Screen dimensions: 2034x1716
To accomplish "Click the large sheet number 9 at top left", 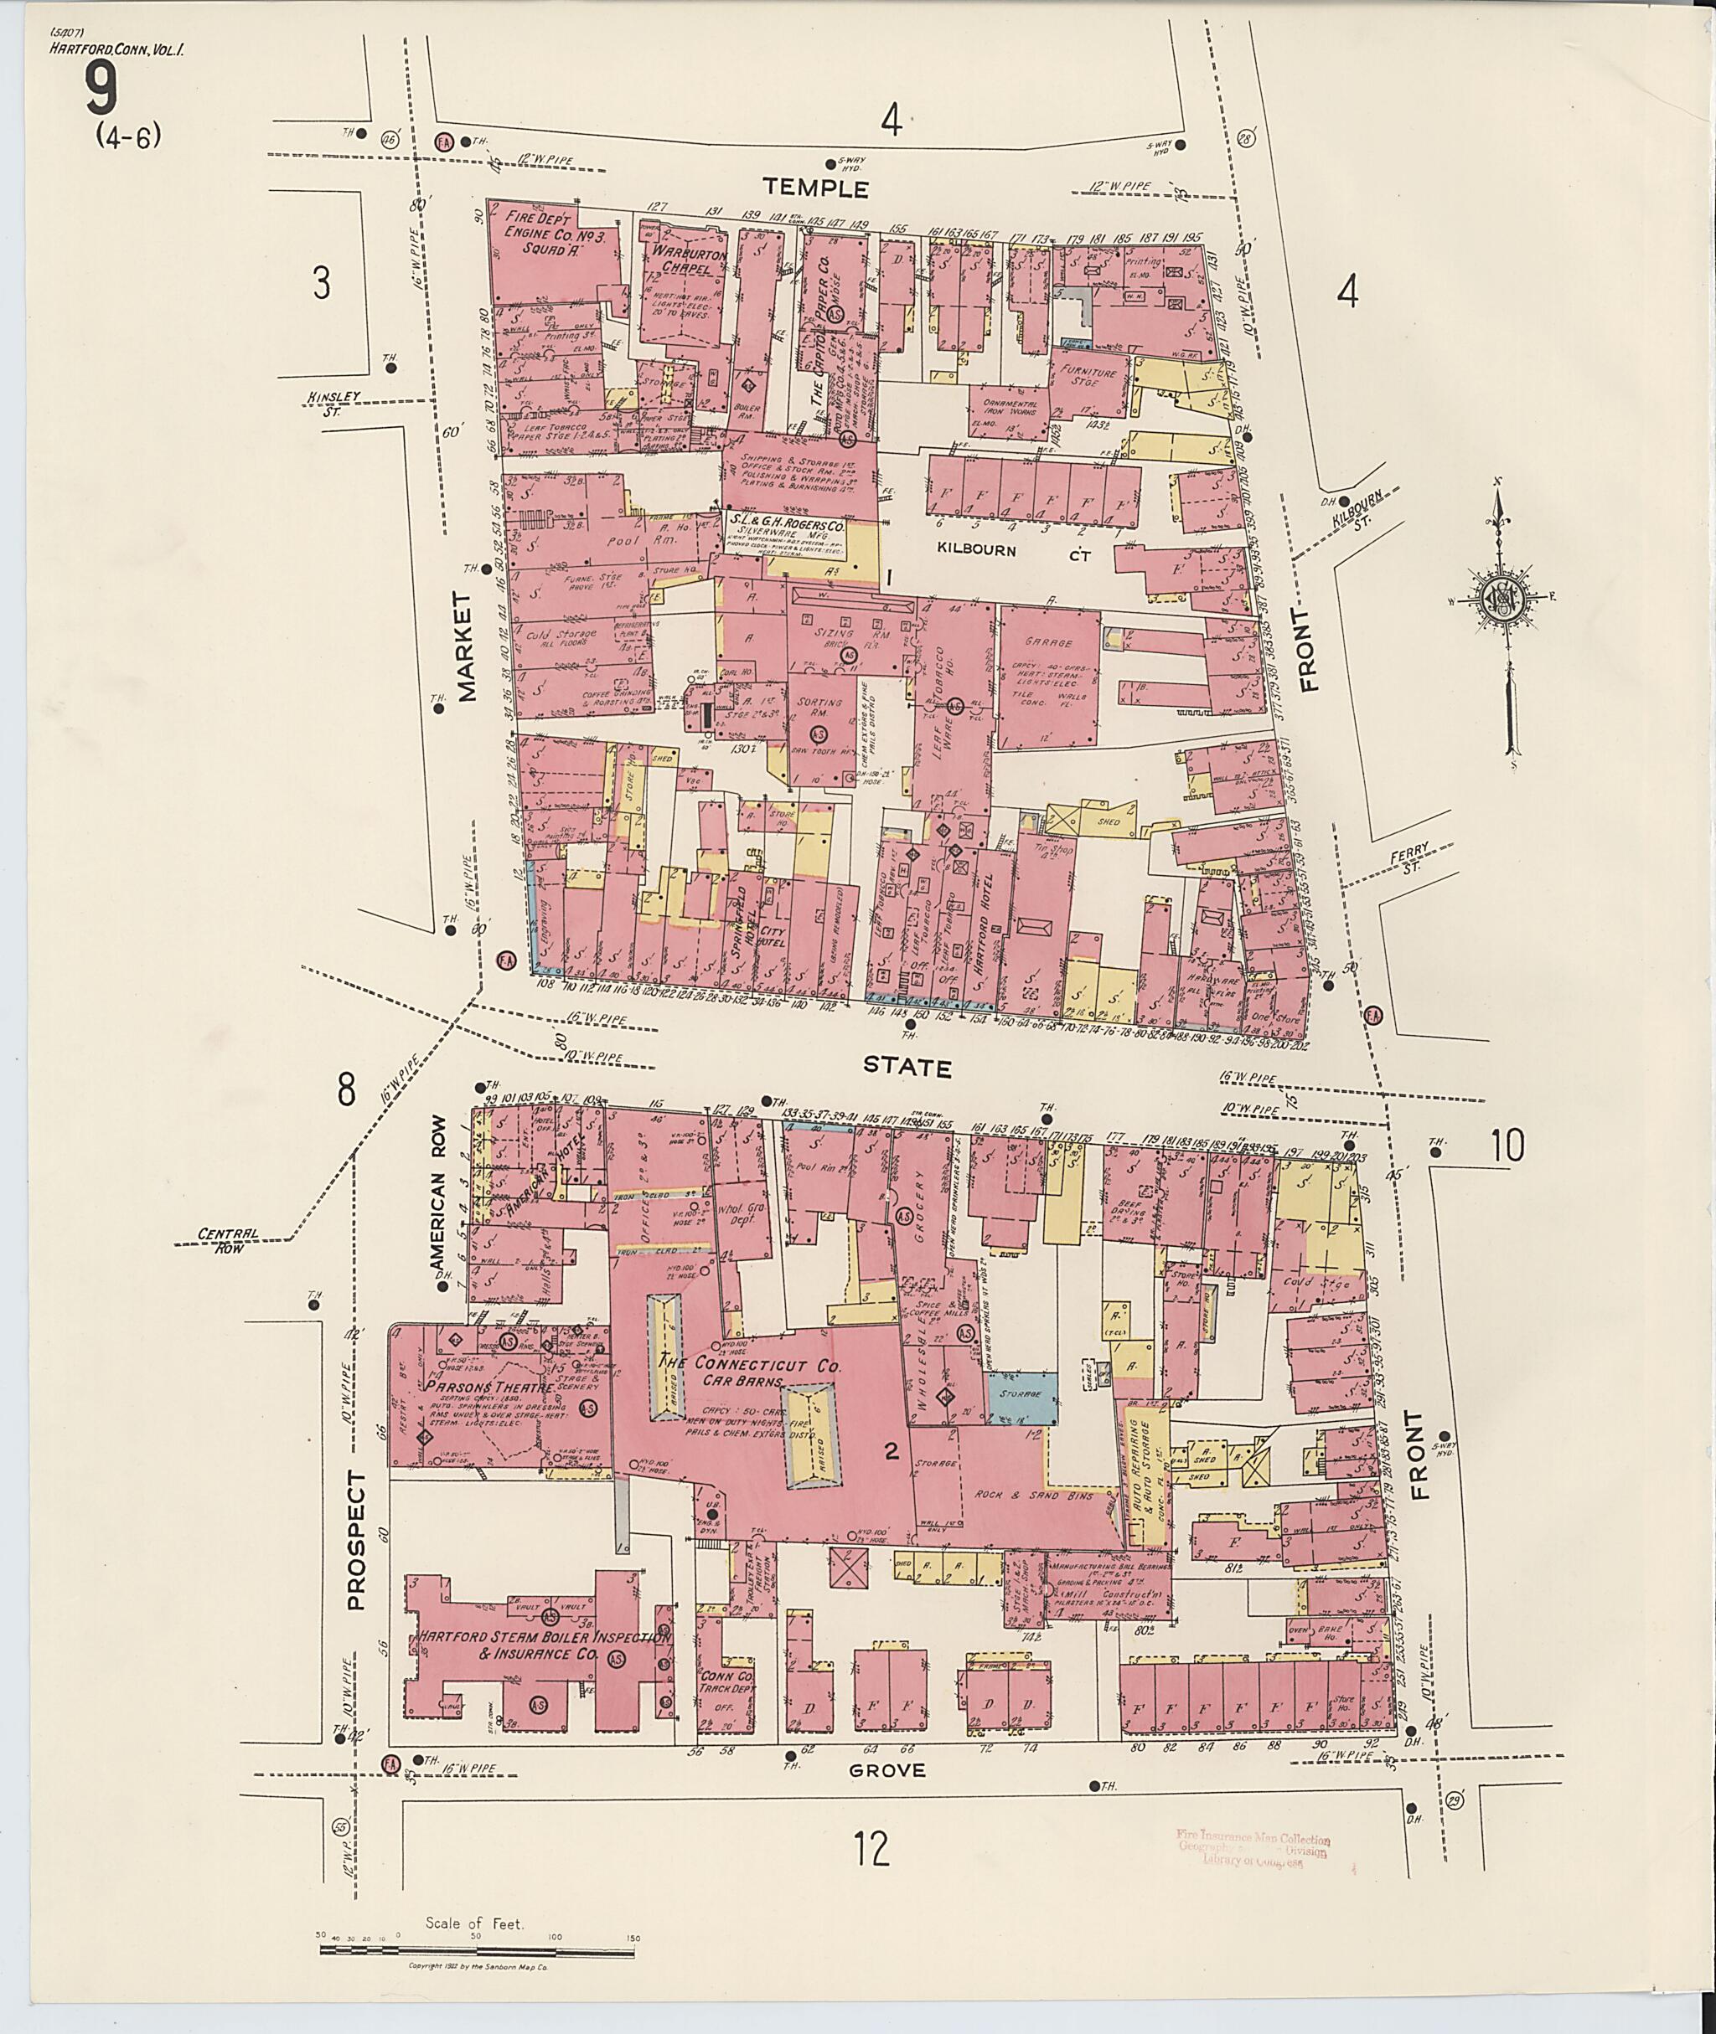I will (101, 90).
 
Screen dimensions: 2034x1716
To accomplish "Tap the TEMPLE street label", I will (814, 188).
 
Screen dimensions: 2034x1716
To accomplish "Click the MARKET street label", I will (468, 646).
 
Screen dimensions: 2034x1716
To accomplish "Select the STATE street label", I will (907, 1068).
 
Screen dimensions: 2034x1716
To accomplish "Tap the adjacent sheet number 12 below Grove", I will (872, 1849).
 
